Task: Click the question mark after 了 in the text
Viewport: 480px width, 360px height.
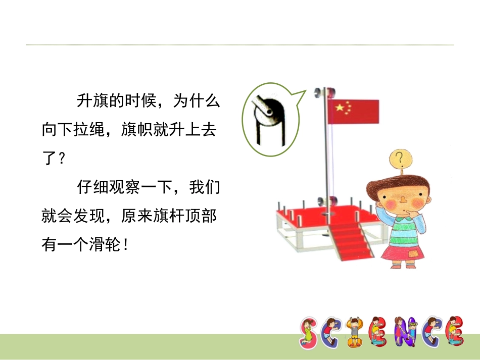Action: click(x=62, y=160)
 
